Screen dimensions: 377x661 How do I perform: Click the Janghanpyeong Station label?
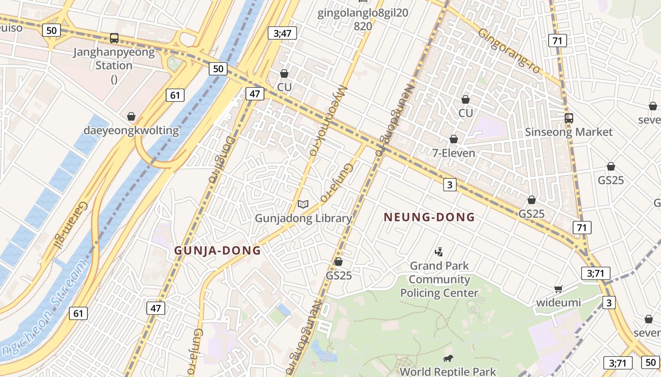coord(114,59)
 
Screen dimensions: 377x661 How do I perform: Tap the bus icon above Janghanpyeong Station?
coord(114,38)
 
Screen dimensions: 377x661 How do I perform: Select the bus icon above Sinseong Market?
coord(569,118)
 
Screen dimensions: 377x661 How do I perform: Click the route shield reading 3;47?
coord(282,33)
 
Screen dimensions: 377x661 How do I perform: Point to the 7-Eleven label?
coord(454,153)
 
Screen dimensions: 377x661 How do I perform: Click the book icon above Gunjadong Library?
coord(303,204)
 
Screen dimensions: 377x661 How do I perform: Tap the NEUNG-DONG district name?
coord(429,217)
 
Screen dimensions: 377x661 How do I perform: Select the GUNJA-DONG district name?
coord(218,251)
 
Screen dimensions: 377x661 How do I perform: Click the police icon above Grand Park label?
coord(439,252)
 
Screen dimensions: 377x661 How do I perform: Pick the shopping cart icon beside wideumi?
coord(559,288)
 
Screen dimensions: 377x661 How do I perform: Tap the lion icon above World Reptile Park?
coord(448,358)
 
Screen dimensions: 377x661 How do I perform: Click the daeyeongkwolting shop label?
coord(132,131)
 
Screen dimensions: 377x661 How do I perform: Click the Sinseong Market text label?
coord(569,132)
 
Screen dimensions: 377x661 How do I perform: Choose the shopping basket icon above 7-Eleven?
coord(454,139)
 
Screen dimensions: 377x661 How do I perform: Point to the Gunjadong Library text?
coord(303,218)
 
